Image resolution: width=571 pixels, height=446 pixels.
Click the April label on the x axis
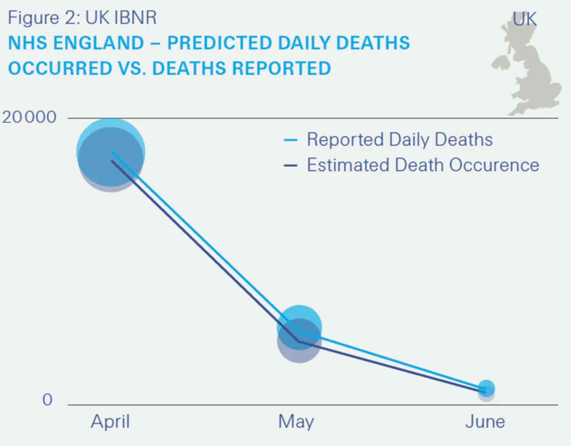[110, 422]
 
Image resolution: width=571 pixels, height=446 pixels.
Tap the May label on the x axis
[296, 422]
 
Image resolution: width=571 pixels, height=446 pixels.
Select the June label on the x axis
[485, 422]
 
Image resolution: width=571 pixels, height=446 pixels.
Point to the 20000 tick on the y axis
[29, 117]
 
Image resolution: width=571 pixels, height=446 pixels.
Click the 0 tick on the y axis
[47, 400]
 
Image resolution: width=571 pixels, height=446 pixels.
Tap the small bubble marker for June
[486, 389]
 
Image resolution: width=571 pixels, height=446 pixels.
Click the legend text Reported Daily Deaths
[400, 139]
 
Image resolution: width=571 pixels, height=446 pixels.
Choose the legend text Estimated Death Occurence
[423, 165]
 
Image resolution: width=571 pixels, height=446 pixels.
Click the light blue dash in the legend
[290, 140]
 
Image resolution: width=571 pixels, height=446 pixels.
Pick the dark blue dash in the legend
[290, 166]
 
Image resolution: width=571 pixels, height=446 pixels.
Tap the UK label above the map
[525, 19]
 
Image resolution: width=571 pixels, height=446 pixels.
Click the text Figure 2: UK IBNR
[82, 18]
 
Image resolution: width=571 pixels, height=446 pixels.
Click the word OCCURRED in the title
[60, 69]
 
